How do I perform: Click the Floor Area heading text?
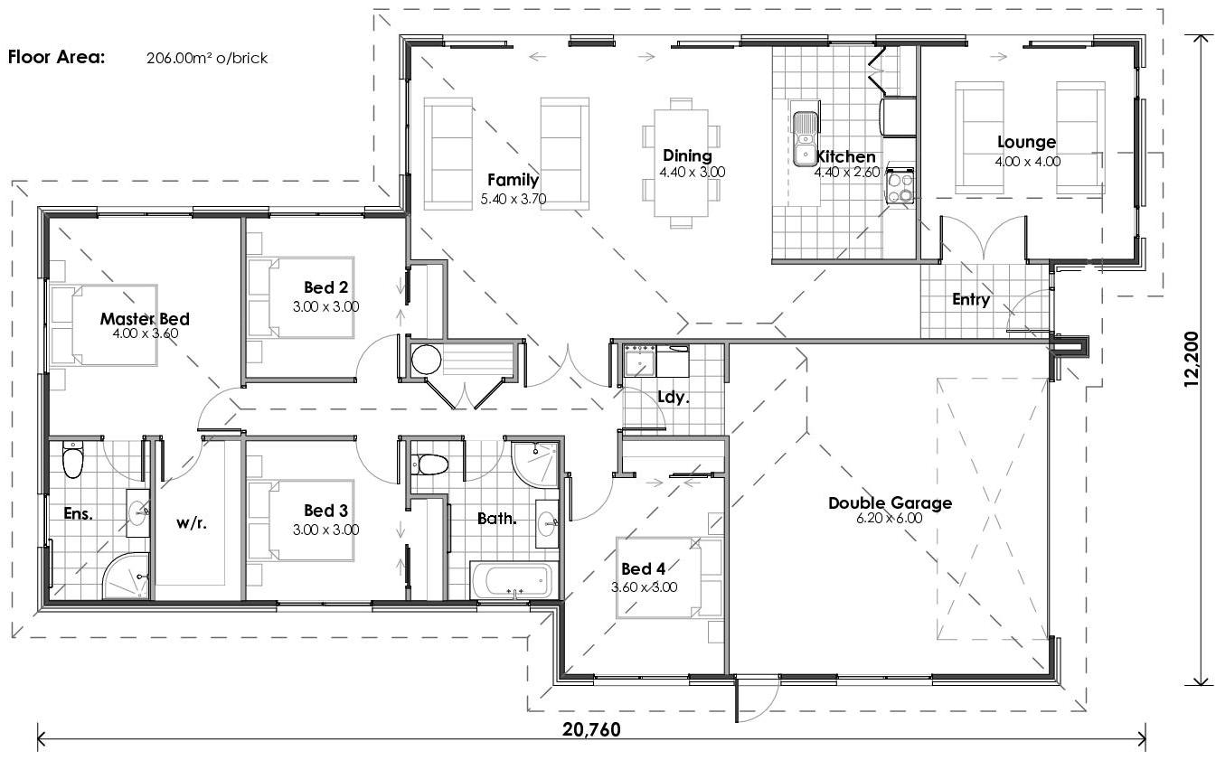56,58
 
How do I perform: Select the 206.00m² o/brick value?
207,59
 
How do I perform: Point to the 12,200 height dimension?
1191,360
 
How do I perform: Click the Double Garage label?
890,503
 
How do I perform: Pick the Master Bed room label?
145,319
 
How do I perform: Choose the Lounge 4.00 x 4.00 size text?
1028,162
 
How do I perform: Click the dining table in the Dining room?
683,164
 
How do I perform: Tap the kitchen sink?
804,140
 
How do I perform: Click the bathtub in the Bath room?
512,579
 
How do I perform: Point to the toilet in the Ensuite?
72,460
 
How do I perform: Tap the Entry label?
971,300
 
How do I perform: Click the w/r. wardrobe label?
192,521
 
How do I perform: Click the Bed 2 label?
325,287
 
